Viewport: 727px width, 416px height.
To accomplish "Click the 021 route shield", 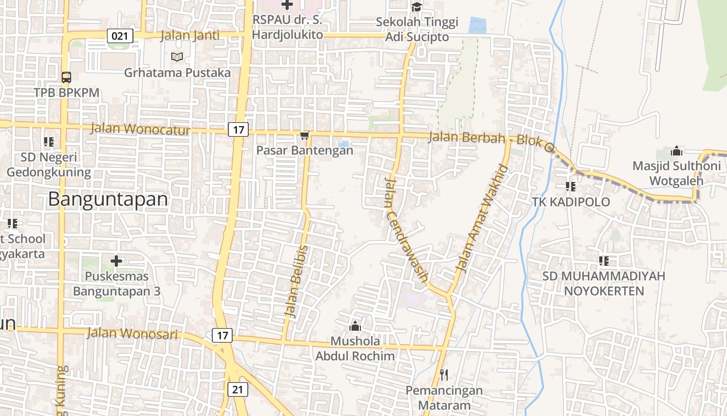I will coord(120,36).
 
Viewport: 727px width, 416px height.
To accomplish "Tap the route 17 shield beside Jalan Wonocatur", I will coord(238,129).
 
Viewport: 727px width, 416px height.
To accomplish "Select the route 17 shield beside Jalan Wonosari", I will coord(222,335).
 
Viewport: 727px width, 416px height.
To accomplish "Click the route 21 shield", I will coord(238,389).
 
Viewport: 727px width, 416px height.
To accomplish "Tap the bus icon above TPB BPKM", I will coord(66,77).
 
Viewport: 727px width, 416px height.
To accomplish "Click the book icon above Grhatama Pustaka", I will coord(177,57).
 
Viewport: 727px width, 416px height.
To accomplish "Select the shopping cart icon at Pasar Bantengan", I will coord(305,136).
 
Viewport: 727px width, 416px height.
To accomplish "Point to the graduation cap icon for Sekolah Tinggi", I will coord(416,7).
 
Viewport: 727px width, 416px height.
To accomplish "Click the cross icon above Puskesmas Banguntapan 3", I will coord(116,261).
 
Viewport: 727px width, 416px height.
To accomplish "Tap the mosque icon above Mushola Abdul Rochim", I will coord(355,326).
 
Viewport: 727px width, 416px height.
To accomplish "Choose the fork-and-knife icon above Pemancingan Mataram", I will coord(443,374).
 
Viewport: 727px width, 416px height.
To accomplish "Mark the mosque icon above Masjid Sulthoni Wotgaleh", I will coord(676,151).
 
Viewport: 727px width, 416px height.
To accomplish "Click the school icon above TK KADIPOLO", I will coord(571,186).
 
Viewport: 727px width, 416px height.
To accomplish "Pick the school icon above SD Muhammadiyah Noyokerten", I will coord(603,261).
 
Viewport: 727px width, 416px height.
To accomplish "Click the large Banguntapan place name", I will coord(109,200).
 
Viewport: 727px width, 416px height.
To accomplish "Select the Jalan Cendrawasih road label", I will coord(406,229).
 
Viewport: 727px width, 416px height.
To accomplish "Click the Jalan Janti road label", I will coord(190,36).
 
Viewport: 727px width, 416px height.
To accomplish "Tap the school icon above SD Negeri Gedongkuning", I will coord(49,142).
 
